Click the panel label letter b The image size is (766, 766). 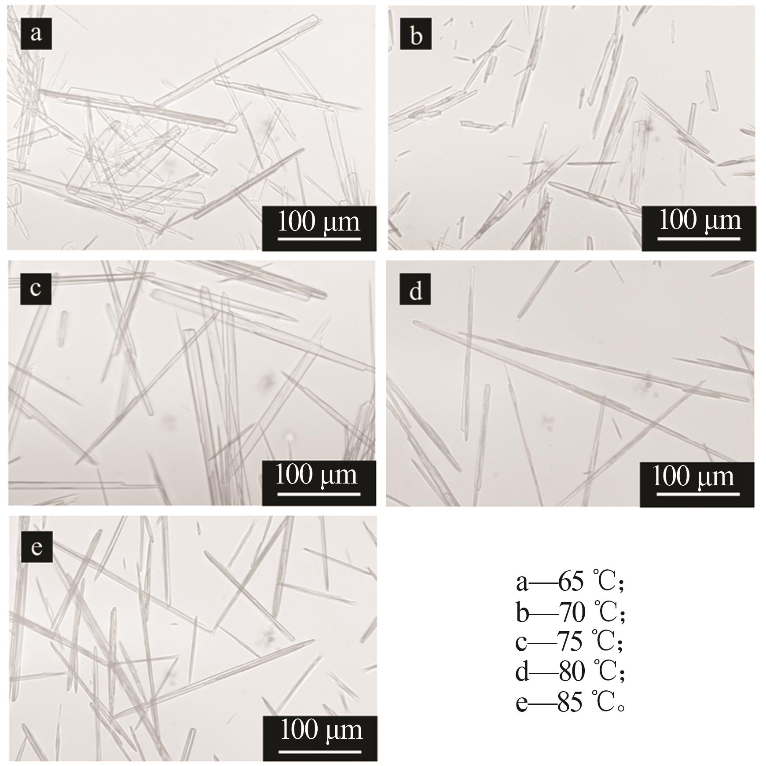[x=416, y=34]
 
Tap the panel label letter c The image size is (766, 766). [x=36, y=289]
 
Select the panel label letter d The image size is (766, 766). [x=415, y=290]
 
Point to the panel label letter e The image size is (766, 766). [x=37, y=547]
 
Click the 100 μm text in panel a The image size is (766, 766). [x=319, y=222]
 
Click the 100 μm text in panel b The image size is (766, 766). [x=699, y=220]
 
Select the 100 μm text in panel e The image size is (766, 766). [x=322, y=730]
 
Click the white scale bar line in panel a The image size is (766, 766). [x=319, y=239]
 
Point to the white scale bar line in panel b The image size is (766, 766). [x=699, y=239]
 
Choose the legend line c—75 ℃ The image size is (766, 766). [x=569, y=641]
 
